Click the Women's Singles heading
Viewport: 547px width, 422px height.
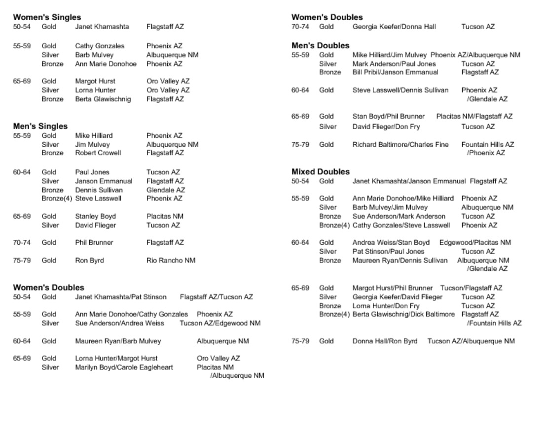tap(47, 17)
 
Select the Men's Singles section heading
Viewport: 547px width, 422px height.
tap(40, 126)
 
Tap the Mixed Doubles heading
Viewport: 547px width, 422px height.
tap(320, 172)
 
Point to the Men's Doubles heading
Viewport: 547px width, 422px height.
tap(320, 46)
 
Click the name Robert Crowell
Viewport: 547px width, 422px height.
tap(98, 153)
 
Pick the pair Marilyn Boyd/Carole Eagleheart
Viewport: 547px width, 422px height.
tap(124, 367)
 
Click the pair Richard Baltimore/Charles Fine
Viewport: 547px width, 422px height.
tap(400, 145)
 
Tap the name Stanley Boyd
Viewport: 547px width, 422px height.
tap(95, 216)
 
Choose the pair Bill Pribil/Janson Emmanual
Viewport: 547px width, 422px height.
tap(395, 72)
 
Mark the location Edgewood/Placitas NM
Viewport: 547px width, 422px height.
tap(475, 243)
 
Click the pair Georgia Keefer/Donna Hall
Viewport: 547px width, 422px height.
tap(394, 27)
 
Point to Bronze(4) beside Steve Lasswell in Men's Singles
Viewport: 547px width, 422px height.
tap(57, 198)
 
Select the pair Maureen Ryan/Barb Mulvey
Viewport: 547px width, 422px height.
tap(118, 341)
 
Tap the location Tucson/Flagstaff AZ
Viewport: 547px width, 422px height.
tap(471, 288)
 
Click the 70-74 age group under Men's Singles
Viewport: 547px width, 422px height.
tap(22, 243)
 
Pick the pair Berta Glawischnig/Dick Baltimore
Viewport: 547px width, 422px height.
tap(403, 314)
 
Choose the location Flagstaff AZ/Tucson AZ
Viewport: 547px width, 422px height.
tap(216, 297)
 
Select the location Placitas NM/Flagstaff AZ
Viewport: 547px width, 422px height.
tap(474, 117)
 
